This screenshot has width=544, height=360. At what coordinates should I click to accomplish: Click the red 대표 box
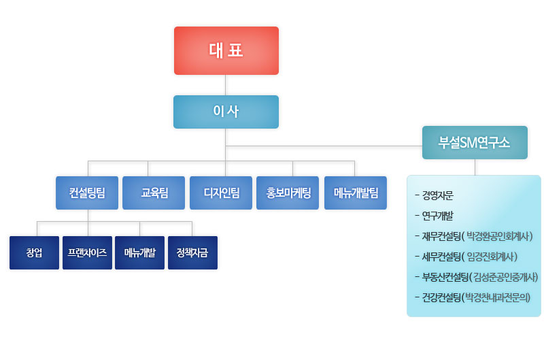(x=226, y=50)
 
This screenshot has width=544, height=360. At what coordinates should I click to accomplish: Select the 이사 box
(x=226, y=112)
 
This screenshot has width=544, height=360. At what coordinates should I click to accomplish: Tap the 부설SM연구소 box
(x=475, y=142)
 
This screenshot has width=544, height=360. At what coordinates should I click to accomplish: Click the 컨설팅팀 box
(x=87, y=193)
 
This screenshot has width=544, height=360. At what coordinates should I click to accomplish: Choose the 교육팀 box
(x=154, y=193)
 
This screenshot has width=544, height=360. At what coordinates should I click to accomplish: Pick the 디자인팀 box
(x=221, y=193)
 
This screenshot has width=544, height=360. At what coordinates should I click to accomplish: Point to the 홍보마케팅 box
(x=288, y=193)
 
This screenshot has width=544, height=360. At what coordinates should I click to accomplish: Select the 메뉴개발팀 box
(x=355, y=193)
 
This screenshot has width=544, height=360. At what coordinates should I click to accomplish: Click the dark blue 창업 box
(x=34, y=252)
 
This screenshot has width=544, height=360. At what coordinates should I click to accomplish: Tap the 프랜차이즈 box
(x=87, y=252)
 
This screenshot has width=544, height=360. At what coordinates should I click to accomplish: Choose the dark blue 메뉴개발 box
(x=139, y=252)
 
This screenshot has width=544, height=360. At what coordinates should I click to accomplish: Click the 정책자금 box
(x=192, y=252)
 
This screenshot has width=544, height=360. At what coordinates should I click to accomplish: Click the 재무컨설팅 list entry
(x=442, y=237)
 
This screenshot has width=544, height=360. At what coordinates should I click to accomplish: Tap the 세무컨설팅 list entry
(x=442, y=257)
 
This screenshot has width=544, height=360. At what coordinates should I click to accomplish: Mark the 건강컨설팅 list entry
(x=442, y=297)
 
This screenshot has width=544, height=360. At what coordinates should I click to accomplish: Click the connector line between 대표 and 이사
(x=226, y=85)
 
